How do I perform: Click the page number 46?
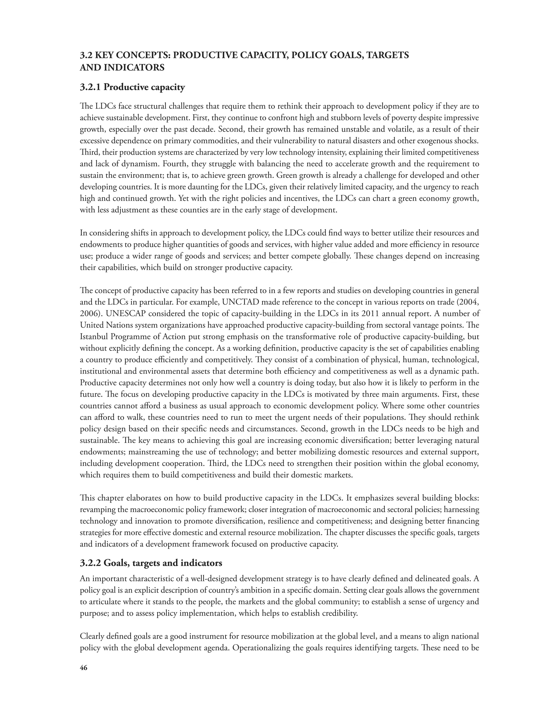pos(83,668)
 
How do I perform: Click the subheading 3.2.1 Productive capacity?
pos(132,87)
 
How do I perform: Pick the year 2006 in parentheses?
pos(89,314)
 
